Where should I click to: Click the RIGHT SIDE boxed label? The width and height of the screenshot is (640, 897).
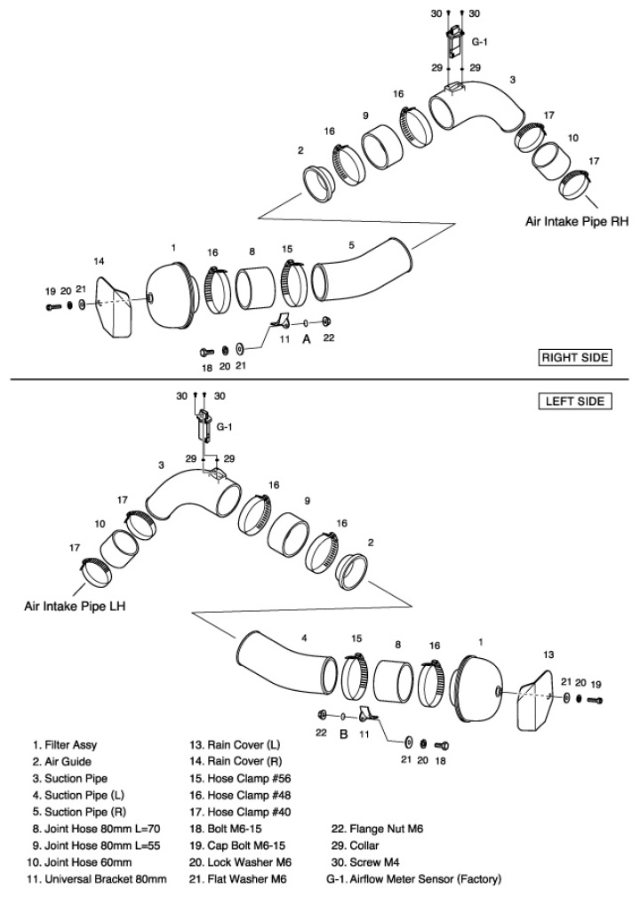[576, 358]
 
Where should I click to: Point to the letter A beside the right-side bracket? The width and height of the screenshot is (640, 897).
[307, 338]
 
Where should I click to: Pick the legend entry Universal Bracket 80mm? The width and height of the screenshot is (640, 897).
[99, 879]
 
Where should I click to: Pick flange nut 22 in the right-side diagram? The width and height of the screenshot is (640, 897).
[328, 321]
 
